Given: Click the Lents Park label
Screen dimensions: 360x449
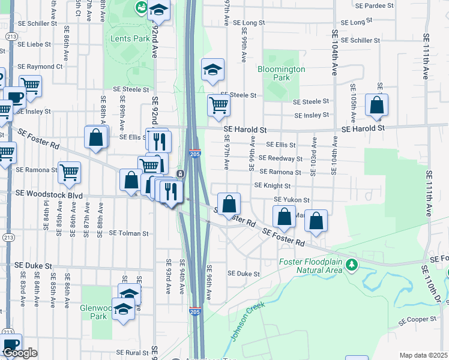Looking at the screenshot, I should pos(130,38).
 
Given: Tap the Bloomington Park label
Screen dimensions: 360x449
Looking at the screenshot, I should pos(282,73).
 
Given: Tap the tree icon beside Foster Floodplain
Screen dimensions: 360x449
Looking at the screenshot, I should pos(352,264).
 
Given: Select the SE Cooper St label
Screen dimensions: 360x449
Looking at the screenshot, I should pos(416,320).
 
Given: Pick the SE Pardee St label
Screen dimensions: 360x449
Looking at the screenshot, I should pos(374,5).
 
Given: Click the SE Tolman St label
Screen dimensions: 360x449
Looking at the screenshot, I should pos(125,233).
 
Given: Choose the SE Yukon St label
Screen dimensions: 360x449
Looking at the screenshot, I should pos(291,199).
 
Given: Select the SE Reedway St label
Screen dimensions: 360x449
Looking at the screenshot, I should pos(281,158).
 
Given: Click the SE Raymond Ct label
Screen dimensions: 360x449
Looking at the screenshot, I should pos(40,67).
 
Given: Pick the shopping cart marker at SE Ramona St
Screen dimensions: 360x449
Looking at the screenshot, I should pos(70,173).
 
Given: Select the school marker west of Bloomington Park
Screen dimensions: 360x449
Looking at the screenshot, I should pos(212,70).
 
